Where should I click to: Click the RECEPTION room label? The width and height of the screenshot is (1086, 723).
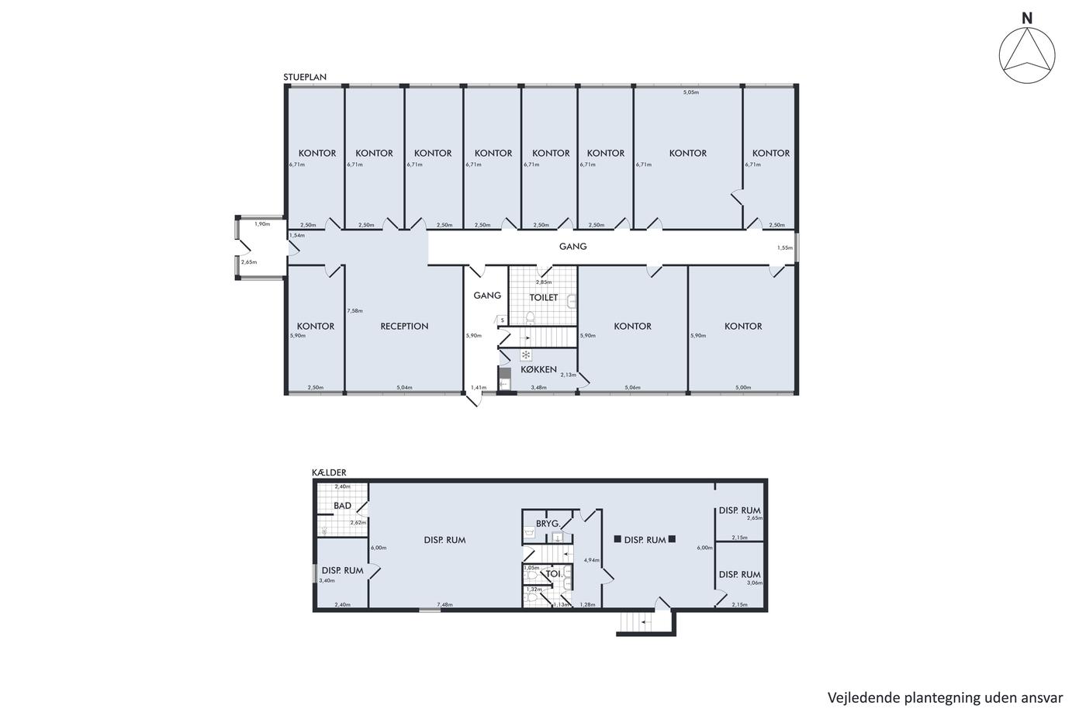(x=404, y=327)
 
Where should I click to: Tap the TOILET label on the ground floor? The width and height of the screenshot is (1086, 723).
(x=544, y=298)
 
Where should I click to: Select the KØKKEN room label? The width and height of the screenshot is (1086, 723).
(x=538, y=369)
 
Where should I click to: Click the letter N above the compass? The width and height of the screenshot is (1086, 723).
(x=1027, y=19)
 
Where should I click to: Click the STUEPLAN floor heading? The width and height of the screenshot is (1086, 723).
(x=305, y=77)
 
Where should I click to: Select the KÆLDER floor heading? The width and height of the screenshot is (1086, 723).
(x=329, y=472)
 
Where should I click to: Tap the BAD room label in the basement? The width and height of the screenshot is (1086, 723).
(x=342, y=506)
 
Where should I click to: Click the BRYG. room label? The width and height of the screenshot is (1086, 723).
(x=548, y=524)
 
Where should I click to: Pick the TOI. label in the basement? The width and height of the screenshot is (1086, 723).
(x=554, y=574)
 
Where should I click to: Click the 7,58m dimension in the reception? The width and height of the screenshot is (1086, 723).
(x=355, y=311)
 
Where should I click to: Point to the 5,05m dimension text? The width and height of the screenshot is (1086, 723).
(x=691, y=92)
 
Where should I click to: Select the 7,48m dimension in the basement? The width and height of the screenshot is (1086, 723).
(x=444, y=604)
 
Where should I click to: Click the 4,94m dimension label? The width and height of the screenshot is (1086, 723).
(x=591, y=560)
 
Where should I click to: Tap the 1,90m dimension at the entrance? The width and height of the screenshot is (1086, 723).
(x=262, y=224)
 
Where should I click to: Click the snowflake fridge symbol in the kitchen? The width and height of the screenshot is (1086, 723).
(x=526, y=355)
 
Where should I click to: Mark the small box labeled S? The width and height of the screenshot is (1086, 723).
(x=503, y=320)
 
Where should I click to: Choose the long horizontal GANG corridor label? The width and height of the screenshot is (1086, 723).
(x=573, y=247)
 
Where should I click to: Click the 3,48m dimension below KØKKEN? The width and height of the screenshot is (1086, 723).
(x=538, y=387)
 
